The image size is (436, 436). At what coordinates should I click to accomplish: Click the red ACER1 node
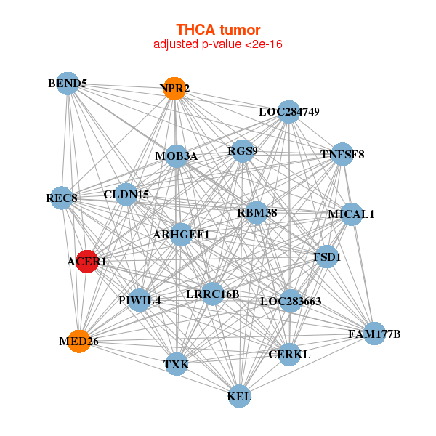tap(87, 262)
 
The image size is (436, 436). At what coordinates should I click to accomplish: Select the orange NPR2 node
tap(174, 89)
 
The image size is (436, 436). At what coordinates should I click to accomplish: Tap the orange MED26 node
tap(78, 341)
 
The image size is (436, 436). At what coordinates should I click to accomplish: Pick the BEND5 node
tap(68, 84)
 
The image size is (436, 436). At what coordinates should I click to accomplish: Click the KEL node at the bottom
tap(239, 396)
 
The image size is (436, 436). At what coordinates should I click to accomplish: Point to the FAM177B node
tap(375, 334)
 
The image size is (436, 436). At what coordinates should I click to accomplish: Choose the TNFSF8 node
tap(342, 155)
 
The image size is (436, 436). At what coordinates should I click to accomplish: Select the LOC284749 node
tap(289, 112)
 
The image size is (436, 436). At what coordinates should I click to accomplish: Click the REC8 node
tap(62, 198)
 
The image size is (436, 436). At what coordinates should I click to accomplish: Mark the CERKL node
tap(289, 355)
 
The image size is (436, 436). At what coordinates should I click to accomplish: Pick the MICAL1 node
tap(351, 214)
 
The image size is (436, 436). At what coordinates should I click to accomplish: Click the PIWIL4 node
tap(140, 300)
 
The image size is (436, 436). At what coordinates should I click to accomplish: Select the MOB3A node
tap(176, 156)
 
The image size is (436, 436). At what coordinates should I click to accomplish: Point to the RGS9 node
tap(243, 151)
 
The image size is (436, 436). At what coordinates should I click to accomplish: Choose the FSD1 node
tap(327, 257)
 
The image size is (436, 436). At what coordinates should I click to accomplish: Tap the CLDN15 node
tap(126, 195)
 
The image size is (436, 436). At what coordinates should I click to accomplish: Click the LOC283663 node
tap(290, 301)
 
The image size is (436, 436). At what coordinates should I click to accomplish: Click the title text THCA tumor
tap(218, 30)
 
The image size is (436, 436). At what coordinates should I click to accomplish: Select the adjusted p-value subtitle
tap(218, 44)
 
